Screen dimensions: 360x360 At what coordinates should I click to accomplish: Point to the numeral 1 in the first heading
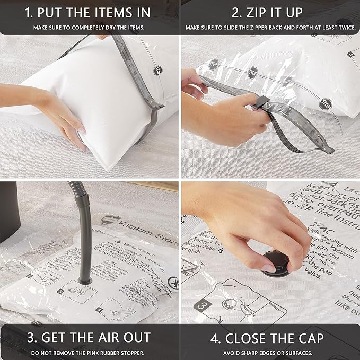tap(30, 12)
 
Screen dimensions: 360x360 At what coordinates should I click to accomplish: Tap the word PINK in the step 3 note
tap(102, 353)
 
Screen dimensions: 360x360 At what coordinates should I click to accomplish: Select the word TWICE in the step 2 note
tap(343, 27)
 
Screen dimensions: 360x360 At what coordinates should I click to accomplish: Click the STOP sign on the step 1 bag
tap(157, 69)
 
